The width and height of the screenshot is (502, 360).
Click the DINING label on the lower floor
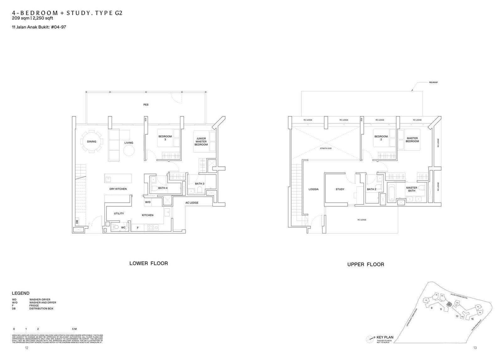tap(92, 141)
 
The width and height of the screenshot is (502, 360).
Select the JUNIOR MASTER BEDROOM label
tap(201, 141)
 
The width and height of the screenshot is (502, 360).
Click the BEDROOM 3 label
tap(165, 138)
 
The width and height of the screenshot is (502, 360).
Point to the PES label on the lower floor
tap(146, 104)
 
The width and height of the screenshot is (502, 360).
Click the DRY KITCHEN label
tap(118, 189)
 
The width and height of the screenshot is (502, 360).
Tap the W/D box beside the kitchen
tap(148, 202)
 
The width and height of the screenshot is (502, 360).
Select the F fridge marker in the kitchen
tap(137, 228)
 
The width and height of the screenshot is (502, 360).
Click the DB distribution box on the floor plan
tap(77, 221)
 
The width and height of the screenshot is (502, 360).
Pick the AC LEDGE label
tap(192, 203)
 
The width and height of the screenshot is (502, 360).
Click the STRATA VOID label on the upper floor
tap(326, 148)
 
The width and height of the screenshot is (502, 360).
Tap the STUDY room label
tap(340, 189)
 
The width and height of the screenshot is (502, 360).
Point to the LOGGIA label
tap(313, 189)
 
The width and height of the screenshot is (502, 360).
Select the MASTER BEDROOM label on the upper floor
tap(412, 140)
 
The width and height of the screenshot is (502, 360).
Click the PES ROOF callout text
tap(433, 82)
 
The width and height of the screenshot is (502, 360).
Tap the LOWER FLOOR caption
tap(148, 263)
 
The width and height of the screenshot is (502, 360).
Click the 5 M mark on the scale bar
tap(74, 329)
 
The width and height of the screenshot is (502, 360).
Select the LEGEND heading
tap(21, 293)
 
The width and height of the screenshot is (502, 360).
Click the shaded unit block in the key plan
tap(449, 304)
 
